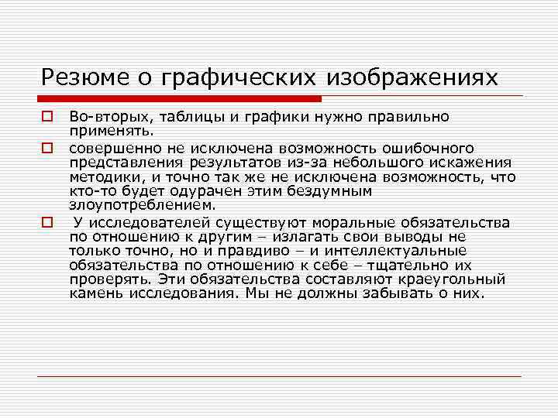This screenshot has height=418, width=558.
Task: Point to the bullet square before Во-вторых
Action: [x=46, y=116]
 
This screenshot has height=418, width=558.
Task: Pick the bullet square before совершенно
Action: [x=46, y=146]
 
